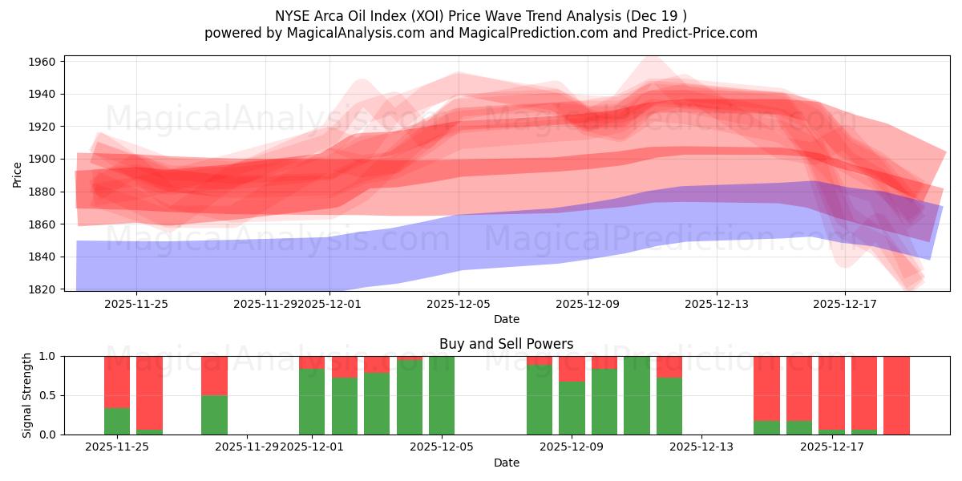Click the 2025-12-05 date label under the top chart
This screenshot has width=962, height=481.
click(459, 304)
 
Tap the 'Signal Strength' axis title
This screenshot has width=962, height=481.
click(27, 394)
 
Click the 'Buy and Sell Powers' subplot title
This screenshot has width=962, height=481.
click(506, 344)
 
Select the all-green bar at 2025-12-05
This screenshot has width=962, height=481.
click(442, 395)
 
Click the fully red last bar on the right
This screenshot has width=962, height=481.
click(896, 395)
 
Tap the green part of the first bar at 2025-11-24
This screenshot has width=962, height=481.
click(117, 421)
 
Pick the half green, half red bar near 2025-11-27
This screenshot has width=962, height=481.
click(214, 395)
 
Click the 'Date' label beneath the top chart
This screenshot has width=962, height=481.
click(506, 319)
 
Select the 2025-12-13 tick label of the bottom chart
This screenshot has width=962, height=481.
click(701, 447)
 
